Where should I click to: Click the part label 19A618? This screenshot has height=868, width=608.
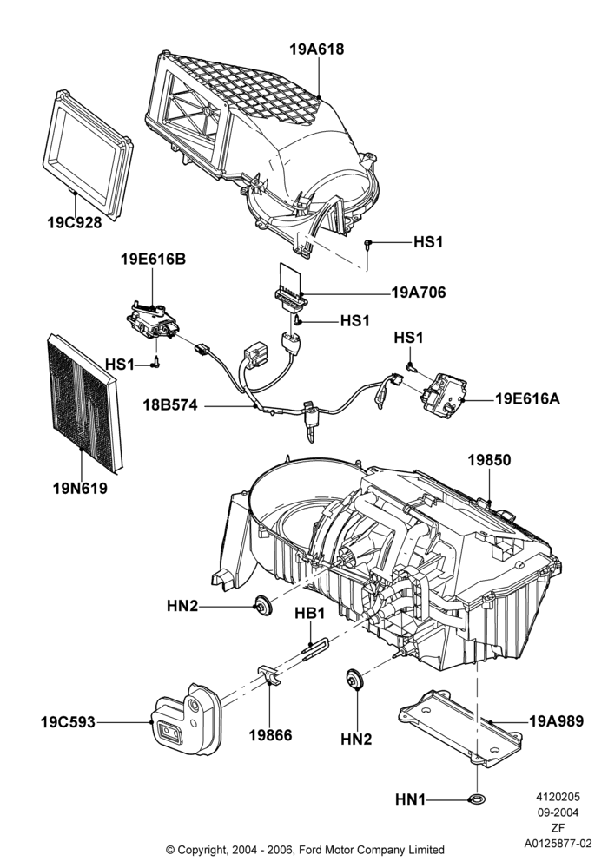pos(317,49)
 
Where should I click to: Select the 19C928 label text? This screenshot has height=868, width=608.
pos(74,222)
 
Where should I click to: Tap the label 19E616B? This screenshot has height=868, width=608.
pos(154,259)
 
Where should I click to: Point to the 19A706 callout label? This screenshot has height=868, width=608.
pos(418,293)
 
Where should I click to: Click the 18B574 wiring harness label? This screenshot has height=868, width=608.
pos(169,405)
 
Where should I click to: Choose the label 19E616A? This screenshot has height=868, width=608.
pos(527,398)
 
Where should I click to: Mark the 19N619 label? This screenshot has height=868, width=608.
pos(80,489)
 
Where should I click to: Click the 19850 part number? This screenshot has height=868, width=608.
pos(490,460)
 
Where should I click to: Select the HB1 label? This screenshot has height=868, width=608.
pos(309,613)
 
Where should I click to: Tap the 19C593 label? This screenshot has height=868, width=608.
pos(68,722)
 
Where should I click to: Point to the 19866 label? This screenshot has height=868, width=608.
pos(270,736)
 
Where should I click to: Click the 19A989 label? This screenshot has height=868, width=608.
pos(557,721)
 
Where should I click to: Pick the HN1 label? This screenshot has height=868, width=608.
pos(410,800)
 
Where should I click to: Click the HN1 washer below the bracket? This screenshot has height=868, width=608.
pos(476,799)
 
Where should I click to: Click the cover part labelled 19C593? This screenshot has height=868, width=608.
pos(187,720)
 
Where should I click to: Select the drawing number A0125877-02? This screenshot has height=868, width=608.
pos(558,844)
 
